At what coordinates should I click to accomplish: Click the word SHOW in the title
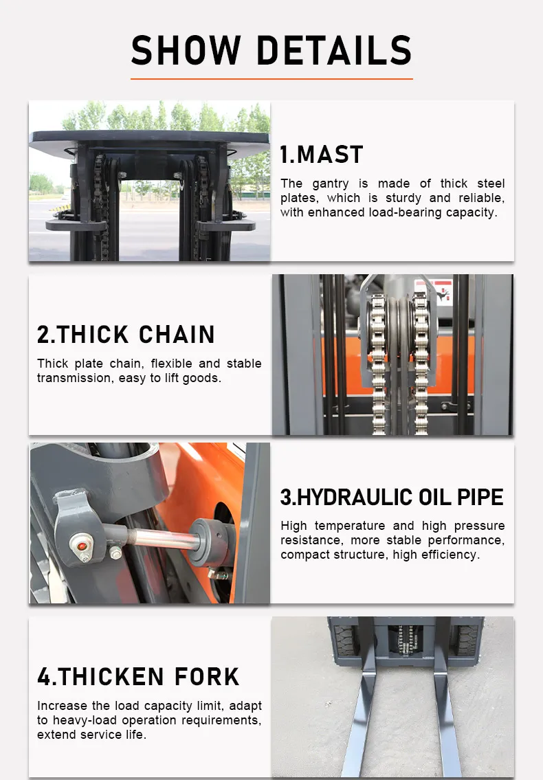point(186,50)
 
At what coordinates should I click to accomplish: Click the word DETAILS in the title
point(335,50)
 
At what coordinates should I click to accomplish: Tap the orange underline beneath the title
point(271,78)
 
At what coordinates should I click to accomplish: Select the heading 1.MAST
point(322,154)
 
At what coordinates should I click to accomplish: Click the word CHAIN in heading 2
point(177,334)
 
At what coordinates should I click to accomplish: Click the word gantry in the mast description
point(331,183)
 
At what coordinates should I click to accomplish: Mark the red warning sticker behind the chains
point(439,291)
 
